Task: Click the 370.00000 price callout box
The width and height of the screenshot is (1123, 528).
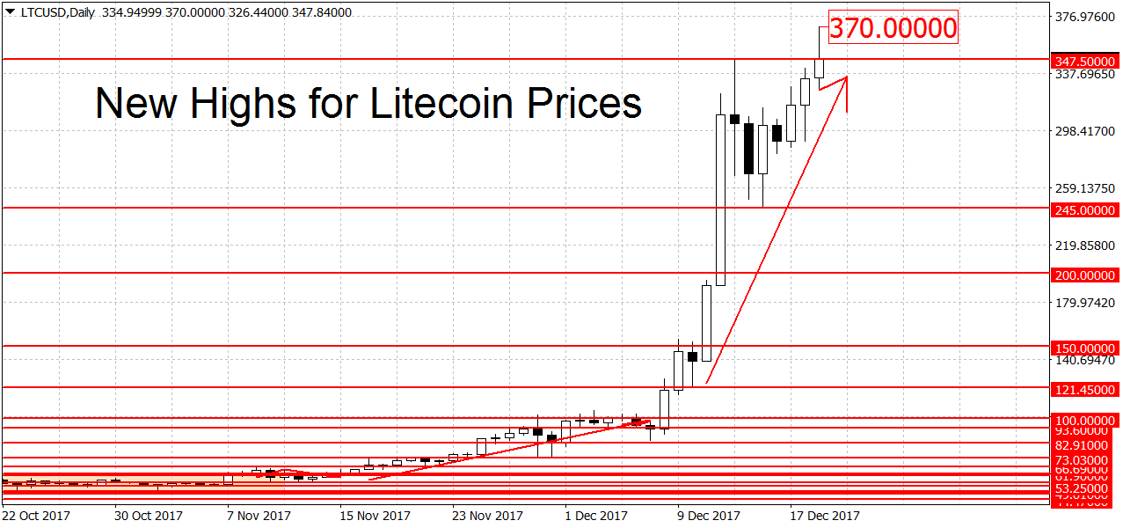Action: click(x=892, y=28)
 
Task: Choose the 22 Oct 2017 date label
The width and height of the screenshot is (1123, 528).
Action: click(x=36, y=515)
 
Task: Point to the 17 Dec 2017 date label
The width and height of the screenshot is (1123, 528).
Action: click(x=824, y=515)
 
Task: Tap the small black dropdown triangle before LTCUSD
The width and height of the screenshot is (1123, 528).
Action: click(x=9, y=11)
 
